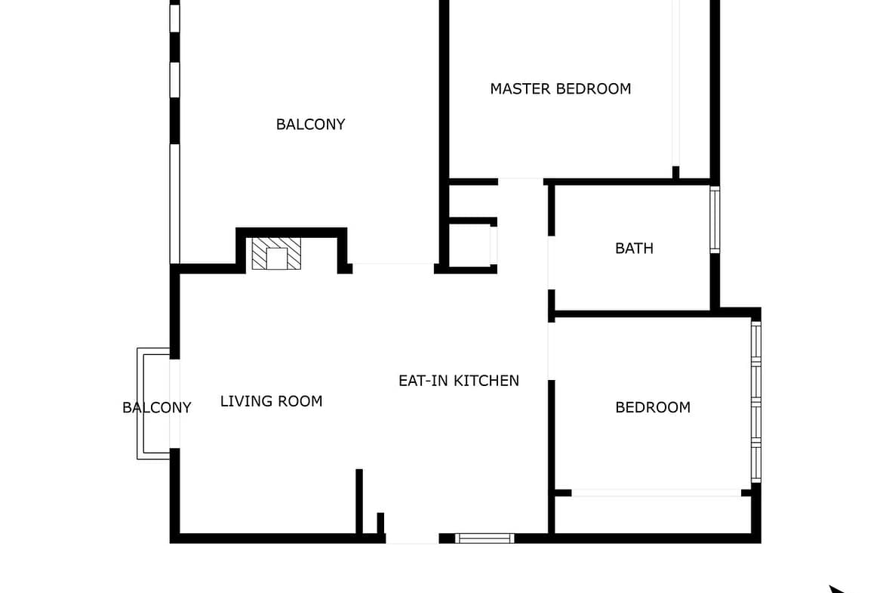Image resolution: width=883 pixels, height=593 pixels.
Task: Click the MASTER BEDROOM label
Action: point(560,89)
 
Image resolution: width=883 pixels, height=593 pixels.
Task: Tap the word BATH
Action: point(634,249)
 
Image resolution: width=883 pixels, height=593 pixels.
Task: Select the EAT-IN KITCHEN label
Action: point(458,381)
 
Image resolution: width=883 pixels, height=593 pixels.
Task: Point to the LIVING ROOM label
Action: point(271,401)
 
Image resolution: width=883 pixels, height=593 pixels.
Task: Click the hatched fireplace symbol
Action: point(276,254)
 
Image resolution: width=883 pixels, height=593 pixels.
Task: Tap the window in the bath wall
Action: point(715,219)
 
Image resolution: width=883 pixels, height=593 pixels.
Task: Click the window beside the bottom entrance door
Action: point(485,539)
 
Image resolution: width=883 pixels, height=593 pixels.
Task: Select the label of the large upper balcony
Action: point(310,125)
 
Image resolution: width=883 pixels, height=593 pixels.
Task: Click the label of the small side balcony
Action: point(156,408)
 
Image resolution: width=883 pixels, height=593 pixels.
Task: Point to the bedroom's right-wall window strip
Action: point(756,402)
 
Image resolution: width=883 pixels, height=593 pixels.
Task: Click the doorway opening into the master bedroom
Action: point(521,181)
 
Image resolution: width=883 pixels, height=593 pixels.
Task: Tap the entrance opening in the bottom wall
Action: point(412,539)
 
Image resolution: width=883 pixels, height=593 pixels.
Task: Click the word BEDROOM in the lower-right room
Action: point(653,408)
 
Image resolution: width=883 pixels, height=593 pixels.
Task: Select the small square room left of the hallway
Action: point(469,246)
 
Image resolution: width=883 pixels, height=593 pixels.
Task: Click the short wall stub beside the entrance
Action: point(380,523)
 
